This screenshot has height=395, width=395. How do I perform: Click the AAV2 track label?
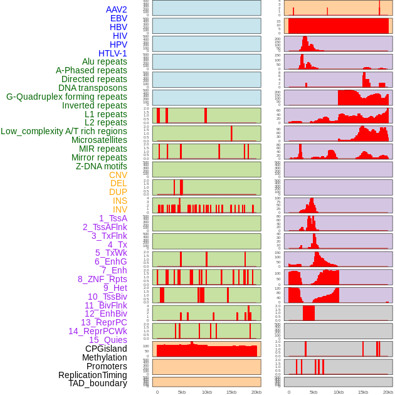[117, 9]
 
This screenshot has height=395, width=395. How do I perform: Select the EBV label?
[118, 18]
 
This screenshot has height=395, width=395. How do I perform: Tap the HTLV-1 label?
[113, 53]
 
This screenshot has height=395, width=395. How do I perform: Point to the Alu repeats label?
[105, 61]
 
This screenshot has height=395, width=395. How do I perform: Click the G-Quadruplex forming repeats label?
[66, 97]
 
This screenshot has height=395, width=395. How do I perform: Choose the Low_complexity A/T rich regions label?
[64, 131]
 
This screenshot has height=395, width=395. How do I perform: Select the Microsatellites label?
[99, 140]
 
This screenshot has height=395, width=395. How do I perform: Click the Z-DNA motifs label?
[102, 166]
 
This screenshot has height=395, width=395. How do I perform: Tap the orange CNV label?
[118, 175]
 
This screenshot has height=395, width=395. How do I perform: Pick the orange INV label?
[120, 209]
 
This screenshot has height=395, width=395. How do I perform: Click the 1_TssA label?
[113, 218]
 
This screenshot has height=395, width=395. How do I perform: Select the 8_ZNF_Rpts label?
[102, 279]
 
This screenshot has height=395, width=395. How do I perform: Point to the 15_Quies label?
[108, 340]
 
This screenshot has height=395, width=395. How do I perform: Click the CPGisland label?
[106, 349]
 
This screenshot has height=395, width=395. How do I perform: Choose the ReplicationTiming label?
[93, 375]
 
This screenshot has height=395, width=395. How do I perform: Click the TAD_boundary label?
[98, 383]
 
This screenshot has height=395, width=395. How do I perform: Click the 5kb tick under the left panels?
[182, 392]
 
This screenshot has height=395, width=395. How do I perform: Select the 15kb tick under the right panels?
[363, 392]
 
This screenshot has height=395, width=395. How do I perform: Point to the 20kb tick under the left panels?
[256, 392]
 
